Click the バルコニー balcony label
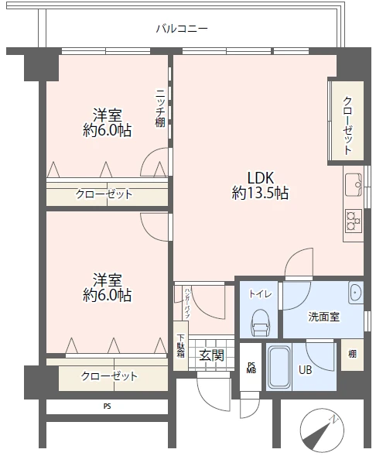click(182, 29)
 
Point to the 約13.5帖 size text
click(260, 193)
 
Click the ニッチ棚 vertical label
click(159, 108)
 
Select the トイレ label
click(259, 294)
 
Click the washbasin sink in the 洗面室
click(354, 293)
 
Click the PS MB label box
click(251, 367)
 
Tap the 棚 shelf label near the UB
click(352, 354)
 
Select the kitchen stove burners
click(354, 220)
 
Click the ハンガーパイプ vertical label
click(187, 302)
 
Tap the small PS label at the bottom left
click(107, 406)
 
